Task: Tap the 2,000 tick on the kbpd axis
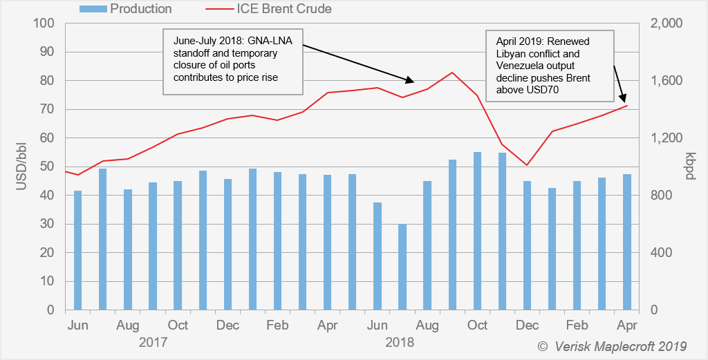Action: tap(667, 23)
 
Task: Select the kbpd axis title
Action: tap(689, 167)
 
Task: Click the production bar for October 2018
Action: tap(477, 231)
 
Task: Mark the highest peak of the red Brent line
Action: tap(452, 73)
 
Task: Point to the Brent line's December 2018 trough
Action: tap(527, 165)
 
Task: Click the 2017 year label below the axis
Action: tap(153, 342)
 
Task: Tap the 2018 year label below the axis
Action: tap(401, 342)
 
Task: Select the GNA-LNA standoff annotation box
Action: tap(234, 61)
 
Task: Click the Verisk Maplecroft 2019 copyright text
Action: tap(612, 345)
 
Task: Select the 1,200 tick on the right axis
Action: tap(667, 138)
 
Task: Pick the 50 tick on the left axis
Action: tap(46, 167)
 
